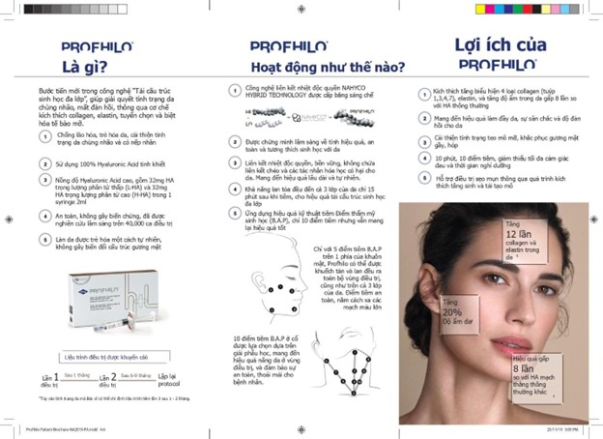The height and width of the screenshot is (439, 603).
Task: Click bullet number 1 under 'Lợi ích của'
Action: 422,94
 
